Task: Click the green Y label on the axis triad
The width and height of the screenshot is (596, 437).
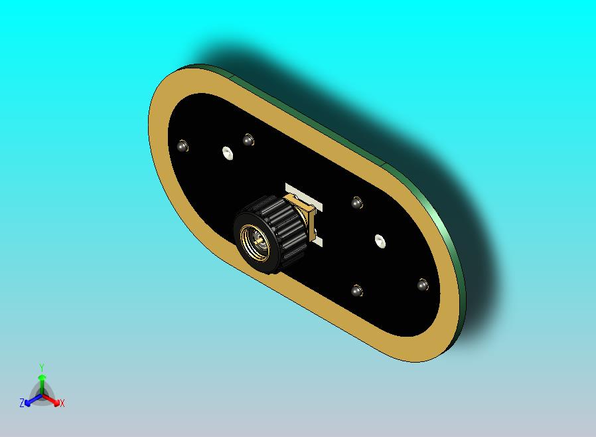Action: pos(42,367)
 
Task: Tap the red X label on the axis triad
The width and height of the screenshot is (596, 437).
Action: pos(62,403)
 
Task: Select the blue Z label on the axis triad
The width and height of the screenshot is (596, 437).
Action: pos(22,402)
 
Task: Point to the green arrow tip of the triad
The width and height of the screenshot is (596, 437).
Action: pos(42,377)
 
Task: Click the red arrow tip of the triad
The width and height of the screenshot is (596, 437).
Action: pos(57,402)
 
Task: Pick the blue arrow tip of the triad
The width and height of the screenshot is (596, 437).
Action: pos(27,402)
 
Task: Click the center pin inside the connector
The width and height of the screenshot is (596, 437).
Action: pos(258,240)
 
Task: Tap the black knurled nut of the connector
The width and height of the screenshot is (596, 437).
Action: pos(271,234)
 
